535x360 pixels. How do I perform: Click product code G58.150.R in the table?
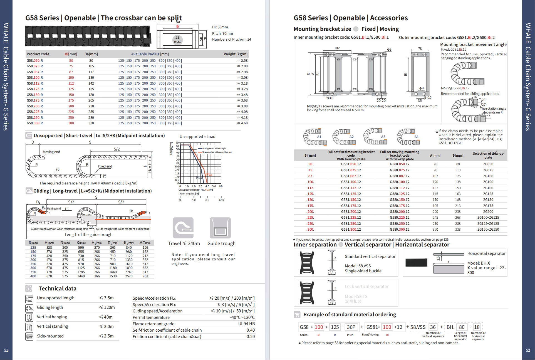[35, 95]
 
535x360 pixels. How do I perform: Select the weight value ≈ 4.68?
[242, 123]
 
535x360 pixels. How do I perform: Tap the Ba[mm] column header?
[91, 54]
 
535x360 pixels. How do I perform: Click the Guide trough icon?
[220, 228]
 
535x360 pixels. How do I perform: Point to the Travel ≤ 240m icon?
[183, 228]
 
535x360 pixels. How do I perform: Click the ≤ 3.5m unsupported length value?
[106, 298]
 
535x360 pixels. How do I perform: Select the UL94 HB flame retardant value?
[246, 324]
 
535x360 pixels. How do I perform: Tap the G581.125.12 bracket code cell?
[351, 194]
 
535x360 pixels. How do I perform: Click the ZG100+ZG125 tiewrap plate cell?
[488, 218]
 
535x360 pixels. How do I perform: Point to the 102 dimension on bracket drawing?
[337, 48]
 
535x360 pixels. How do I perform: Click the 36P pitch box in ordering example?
[351, 327]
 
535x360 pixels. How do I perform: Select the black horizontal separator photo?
[416, 262]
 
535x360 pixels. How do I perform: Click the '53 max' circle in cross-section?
[177, 40]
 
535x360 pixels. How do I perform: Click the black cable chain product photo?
[88, 36]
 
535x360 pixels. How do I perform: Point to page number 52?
[528, 351]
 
